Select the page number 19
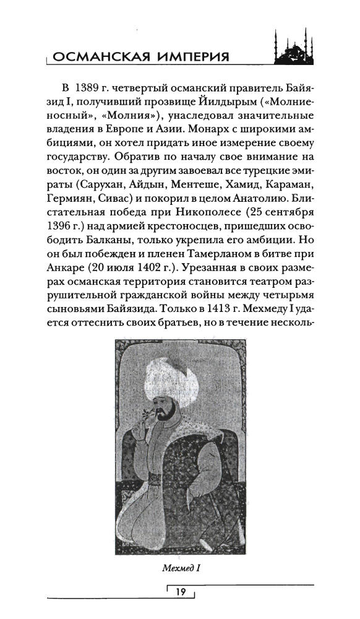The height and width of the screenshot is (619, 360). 181,592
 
